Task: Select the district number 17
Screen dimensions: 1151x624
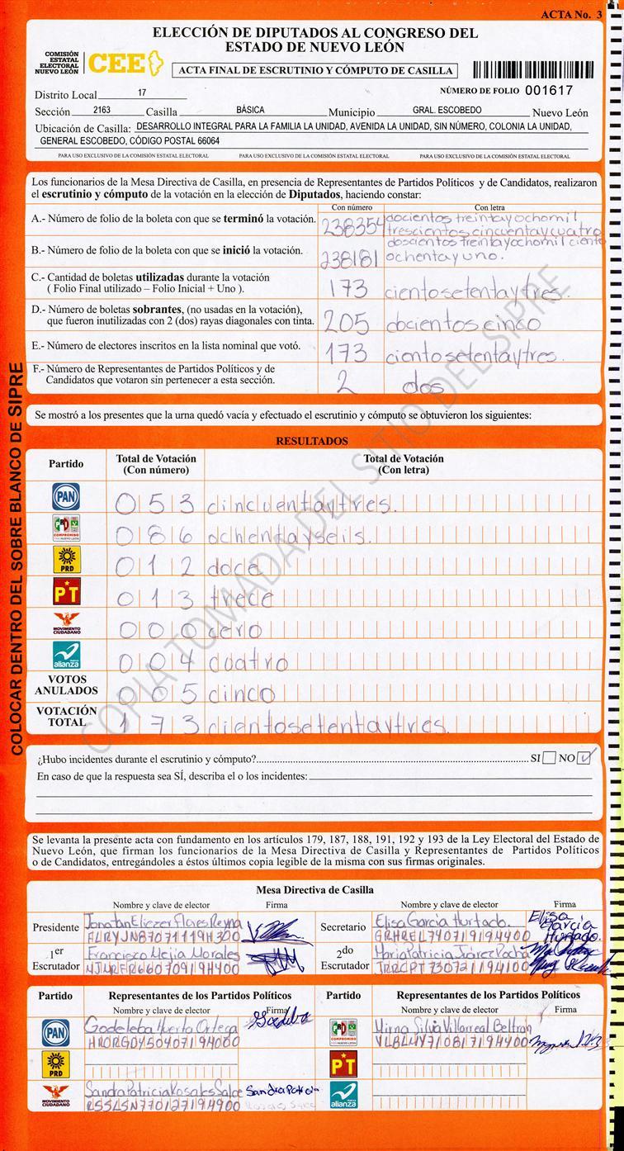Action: coord(142,94)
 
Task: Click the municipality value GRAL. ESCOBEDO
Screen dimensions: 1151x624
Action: coord(447,110)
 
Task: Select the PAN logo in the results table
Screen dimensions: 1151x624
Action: coord(66,496)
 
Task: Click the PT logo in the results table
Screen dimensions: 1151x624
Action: coord(66,592)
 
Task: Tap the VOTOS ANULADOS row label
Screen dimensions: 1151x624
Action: coord(66,684)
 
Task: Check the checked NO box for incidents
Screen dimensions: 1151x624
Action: coord(585,756)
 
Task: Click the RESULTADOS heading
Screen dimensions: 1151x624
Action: coord(311,442)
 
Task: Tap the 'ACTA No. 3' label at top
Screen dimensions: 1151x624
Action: coord(571,15)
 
